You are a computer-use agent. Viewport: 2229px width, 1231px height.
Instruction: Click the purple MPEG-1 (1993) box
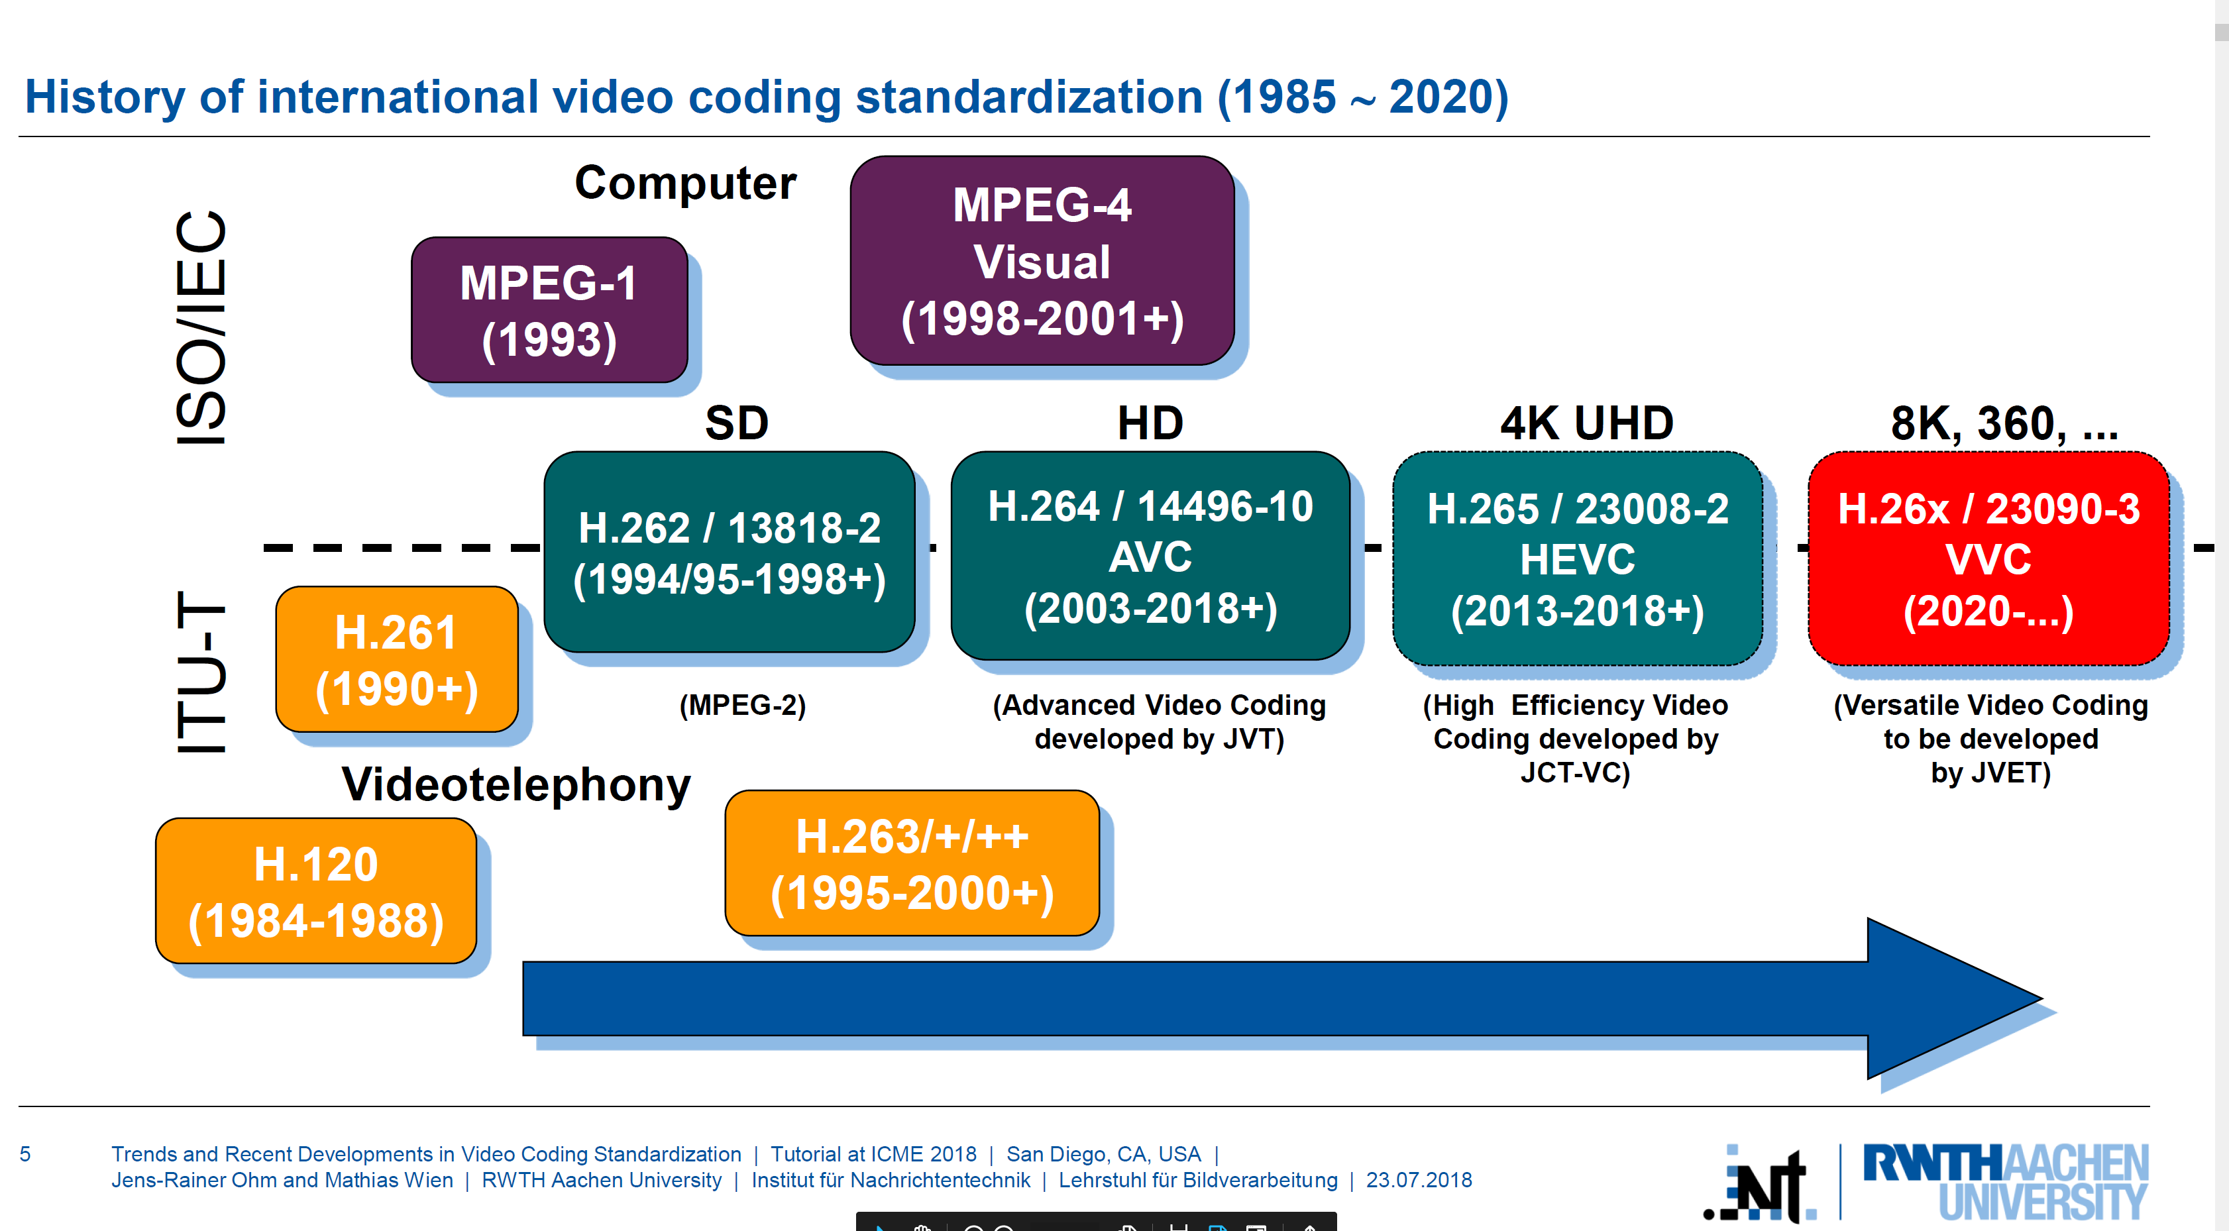[x=549, y=309]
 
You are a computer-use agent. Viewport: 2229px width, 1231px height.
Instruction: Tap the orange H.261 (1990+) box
[x=397, y=659]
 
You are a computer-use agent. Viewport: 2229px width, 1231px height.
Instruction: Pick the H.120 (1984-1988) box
[x=316, y=891]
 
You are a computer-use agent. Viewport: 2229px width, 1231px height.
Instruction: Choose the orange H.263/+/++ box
[x=912, y=863]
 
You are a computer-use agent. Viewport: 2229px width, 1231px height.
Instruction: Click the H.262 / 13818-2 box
[x=730, y=552]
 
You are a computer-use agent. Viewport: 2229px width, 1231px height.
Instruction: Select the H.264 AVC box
[x=1150, y=555]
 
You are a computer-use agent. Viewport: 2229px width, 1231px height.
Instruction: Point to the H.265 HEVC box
[x=1578, y=559]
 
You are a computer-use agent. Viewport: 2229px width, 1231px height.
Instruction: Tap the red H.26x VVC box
[x=1988, y=559]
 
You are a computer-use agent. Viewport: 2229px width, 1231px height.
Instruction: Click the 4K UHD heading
[x=1586, y=423]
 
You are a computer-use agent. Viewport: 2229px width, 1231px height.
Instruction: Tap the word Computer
[x=685, y=184]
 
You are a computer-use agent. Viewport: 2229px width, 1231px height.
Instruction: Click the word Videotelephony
[x=517, y=784]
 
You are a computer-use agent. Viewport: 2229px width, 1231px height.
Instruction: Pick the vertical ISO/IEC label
[x=201, y=329]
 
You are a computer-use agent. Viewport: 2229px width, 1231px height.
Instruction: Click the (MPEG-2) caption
[x=742, y=705]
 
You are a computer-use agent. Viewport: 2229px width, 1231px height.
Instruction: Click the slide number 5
[x=25, y=1154]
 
